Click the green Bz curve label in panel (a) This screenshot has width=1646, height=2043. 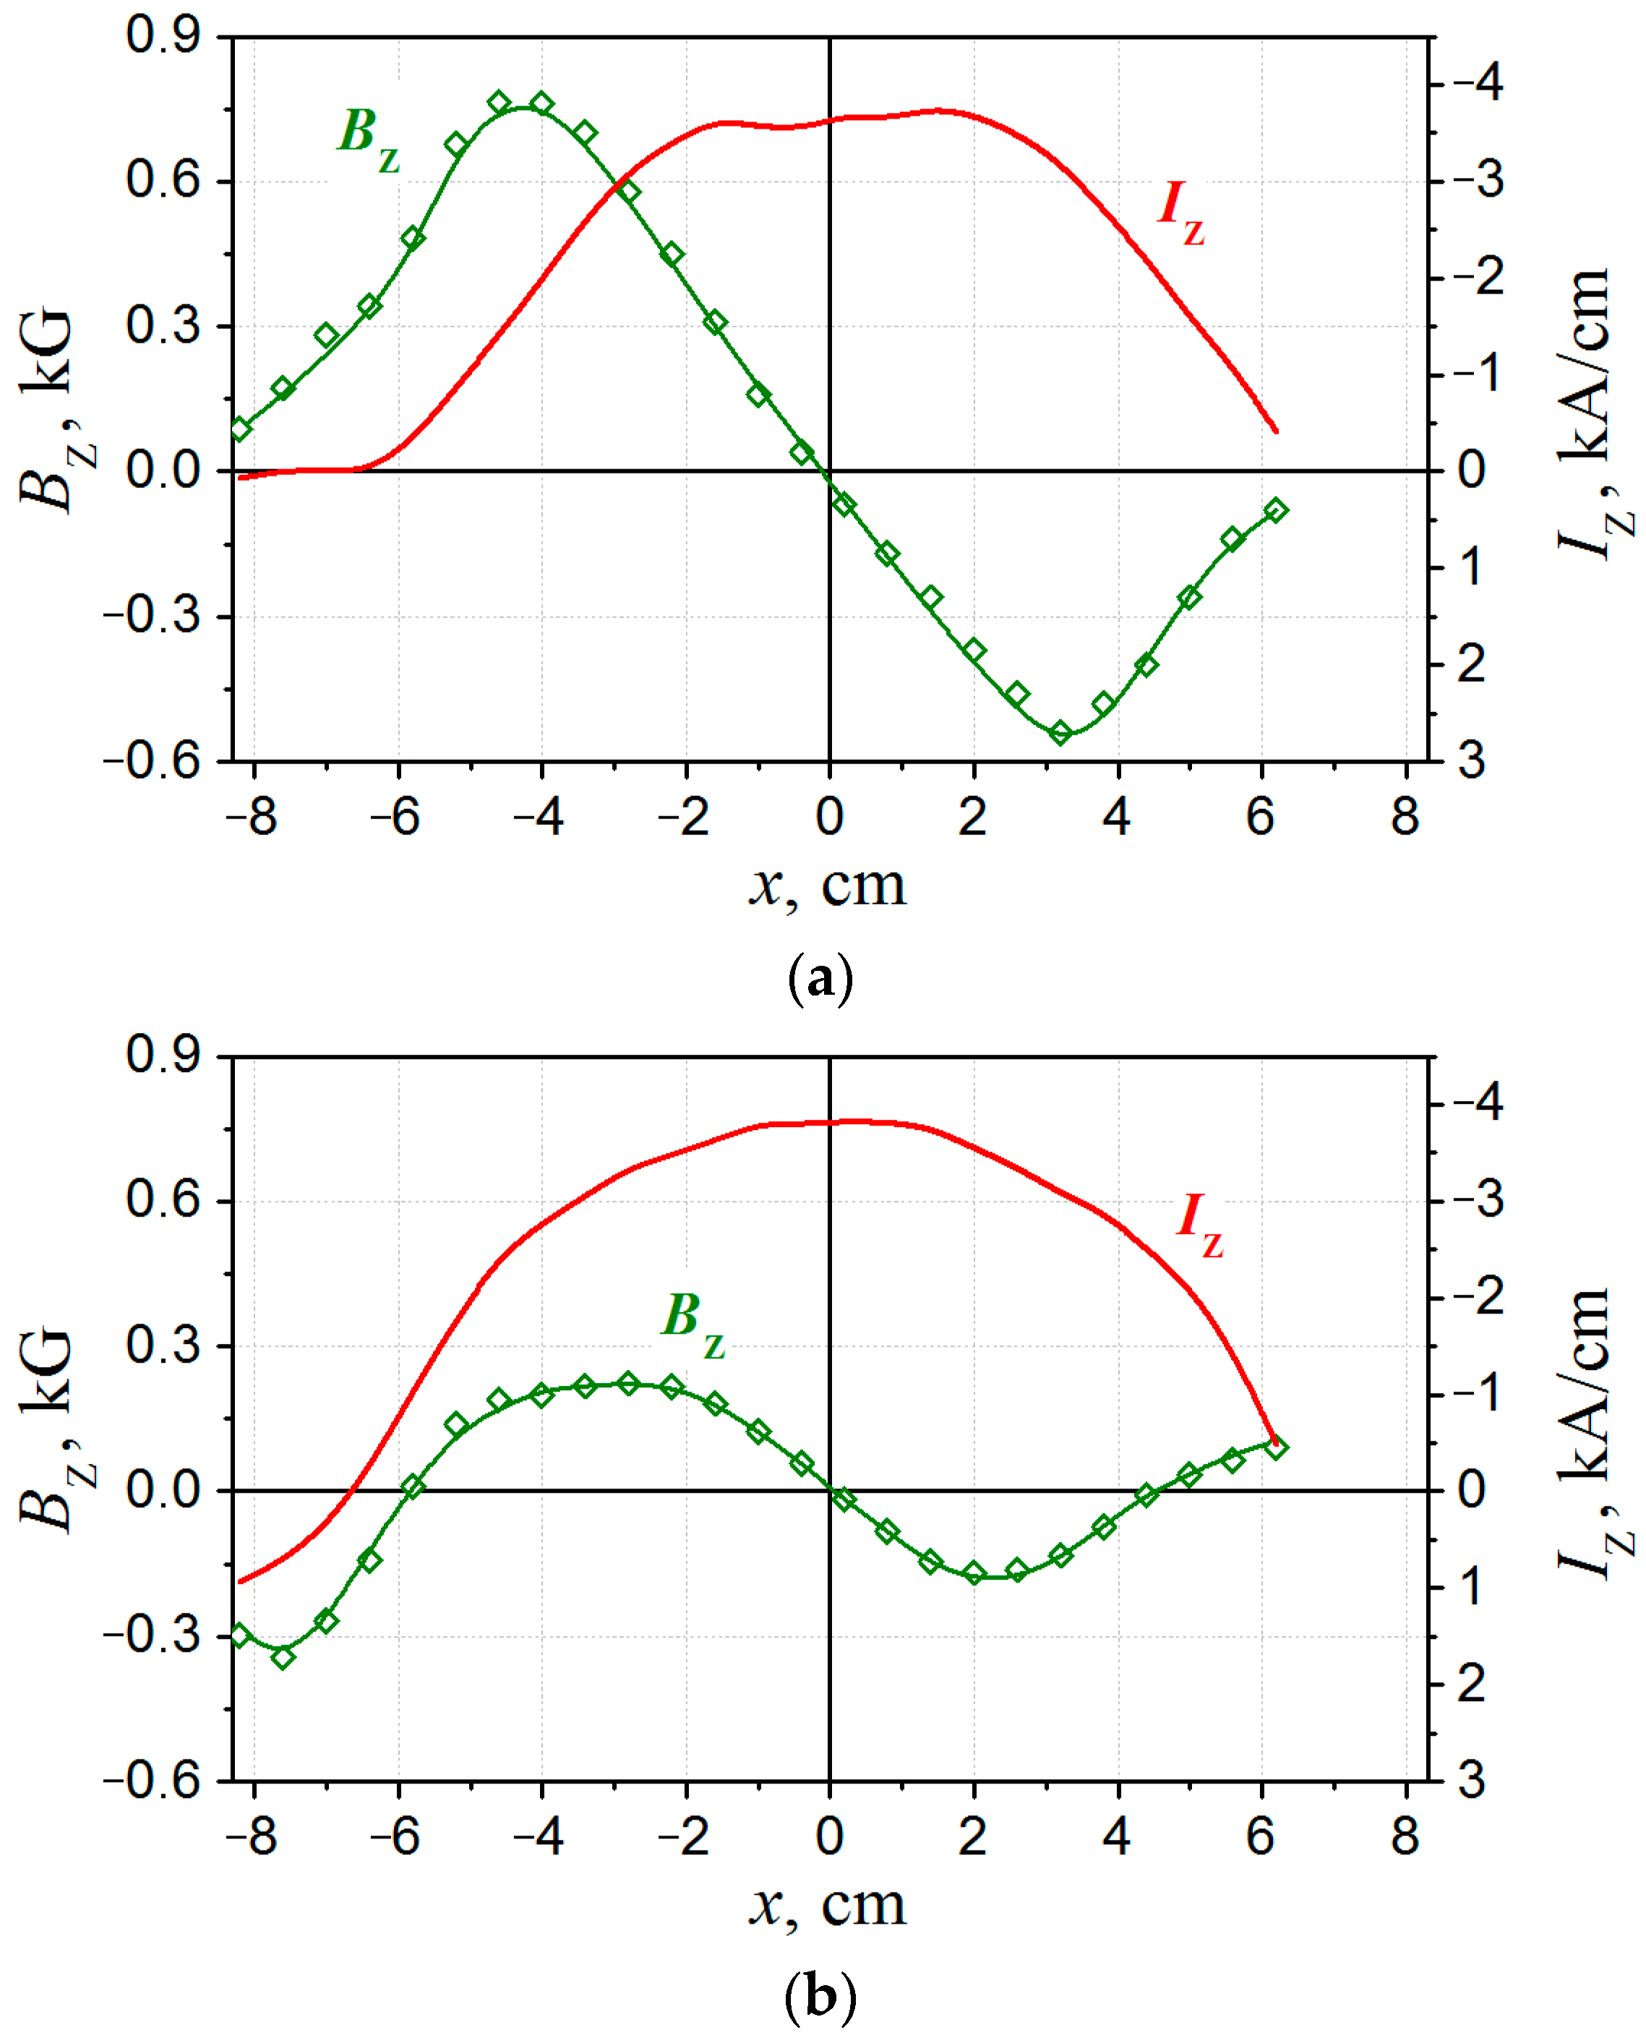[369, 137]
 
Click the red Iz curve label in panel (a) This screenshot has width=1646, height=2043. [1180, 210]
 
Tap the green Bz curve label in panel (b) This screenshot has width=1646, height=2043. [692, 1322]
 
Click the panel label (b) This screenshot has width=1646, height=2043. [820, 1997]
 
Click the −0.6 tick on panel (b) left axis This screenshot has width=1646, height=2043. [152, 1781]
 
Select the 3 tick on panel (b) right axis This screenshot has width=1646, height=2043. [1472, 1781]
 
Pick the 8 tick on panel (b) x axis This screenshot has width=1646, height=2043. [1405, 1837]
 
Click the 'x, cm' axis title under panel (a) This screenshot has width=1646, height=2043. [827, 886]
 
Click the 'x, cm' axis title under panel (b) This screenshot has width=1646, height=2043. [827, 1906]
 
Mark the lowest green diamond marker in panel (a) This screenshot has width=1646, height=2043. [1061, 733]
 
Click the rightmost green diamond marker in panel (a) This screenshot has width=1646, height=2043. [1276, 511]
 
